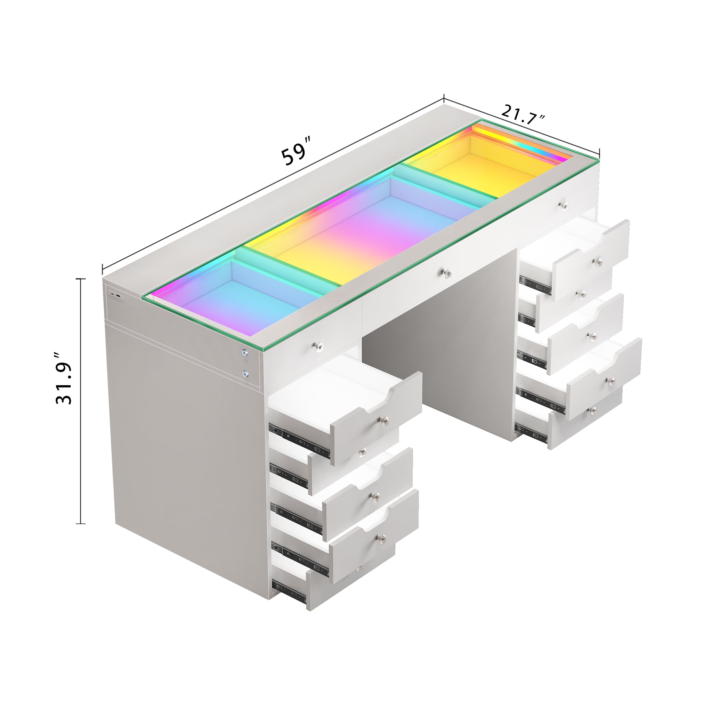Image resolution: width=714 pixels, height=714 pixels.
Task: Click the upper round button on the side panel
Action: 245,352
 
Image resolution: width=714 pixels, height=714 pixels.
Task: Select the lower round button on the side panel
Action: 245,374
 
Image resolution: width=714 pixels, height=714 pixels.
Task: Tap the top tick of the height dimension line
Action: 81,279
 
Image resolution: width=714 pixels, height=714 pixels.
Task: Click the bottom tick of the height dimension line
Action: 81,524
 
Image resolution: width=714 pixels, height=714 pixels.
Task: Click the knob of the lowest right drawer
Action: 593,409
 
